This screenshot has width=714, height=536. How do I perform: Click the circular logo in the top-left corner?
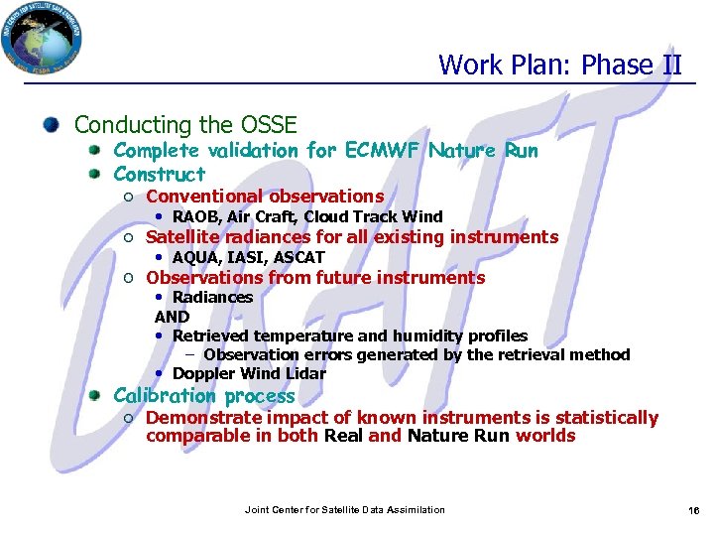42,39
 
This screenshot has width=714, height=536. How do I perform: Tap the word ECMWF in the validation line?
384,151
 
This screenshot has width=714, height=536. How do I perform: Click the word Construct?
160,174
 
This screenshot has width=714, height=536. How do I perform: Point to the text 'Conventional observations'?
264,197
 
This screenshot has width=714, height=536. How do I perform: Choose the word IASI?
246,257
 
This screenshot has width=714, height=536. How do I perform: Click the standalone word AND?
172,317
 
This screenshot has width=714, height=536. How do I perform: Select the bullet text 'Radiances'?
212,297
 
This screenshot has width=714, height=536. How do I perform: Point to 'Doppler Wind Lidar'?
249,373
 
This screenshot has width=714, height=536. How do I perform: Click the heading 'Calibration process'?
204,395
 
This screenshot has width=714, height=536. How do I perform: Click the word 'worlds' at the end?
545,436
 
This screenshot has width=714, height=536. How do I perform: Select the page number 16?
693,510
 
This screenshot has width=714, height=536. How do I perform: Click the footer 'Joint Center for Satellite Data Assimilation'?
344,510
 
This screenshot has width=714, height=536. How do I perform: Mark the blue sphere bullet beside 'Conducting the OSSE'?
52,125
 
